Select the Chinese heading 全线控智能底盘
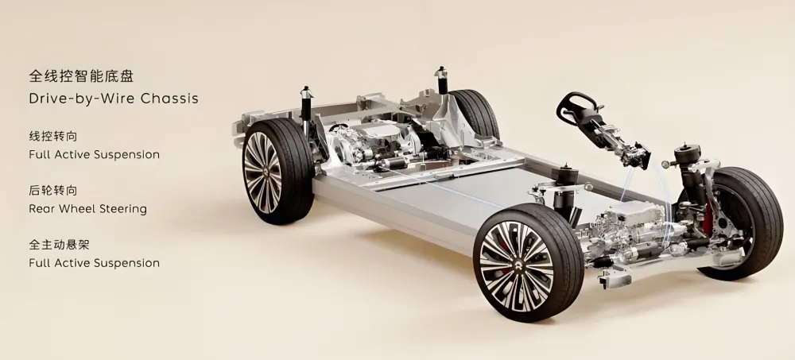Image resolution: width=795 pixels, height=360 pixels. click(x=81, y=76)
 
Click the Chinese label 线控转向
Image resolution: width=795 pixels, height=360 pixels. click(x=53, y=137)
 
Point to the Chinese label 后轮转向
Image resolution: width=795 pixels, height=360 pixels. click(x=53, y=191)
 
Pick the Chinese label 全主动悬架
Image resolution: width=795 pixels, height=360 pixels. click(x=60, y=245)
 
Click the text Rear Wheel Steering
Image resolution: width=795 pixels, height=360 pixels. click(x=87, y=209)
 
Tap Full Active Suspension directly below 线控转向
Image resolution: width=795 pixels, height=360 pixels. click(x=95, y=155)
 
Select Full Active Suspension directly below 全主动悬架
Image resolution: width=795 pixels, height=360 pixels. click(x=95, y=263)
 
